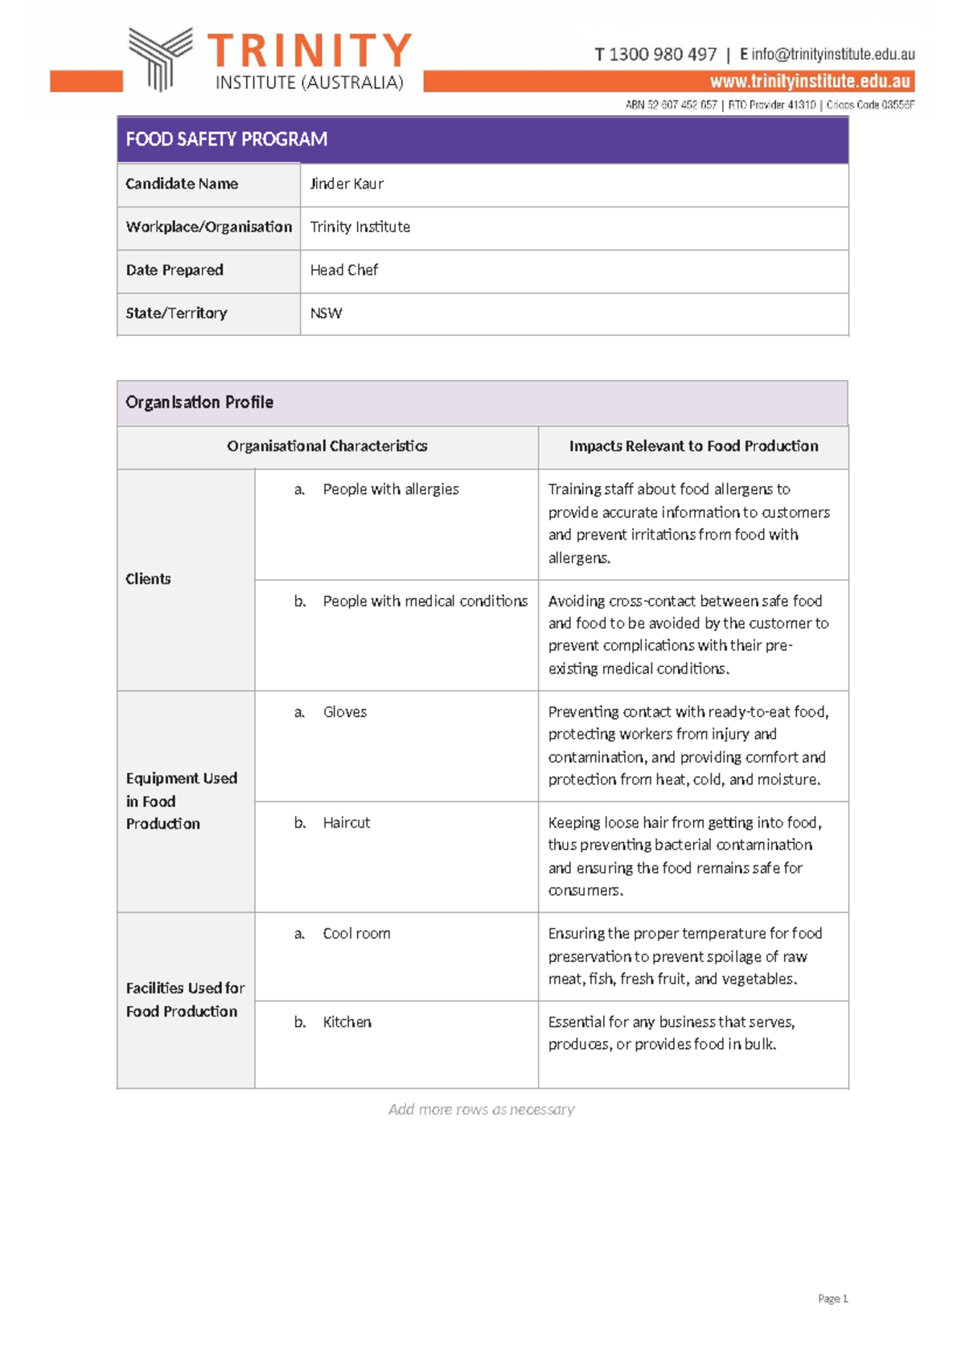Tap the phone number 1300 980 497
click(662, 55)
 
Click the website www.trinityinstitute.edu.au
click(810, 81)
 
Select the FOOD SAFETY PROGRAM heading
click(226, 139)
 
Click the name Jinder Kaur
click(347, 184)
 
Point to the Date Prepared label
click(175, 270)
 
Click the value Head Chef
click(344, 270)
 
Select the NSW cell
click(326, 313)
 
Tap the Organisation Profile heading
click(199, 402)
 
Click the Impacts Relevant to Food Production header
click(693, 446)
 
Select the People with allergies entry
click(391, 489)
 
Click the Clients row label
click(148, 579)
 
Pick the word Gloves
click(345, 712)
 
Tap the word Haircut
click(347, 823)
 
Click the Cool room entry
click(356, 934)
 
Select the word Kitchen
click(347, 1022)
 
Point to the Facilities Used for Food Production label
click(185, 1000)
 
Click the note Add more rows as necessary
click(481, 1110)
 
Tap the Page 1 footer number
click(832, 1299)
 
